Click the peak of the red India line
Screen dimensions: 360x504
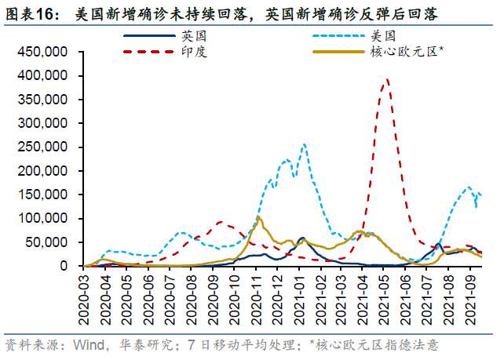pos(386,79)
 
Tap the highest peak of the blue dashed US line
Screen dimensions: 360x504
pos(305,144)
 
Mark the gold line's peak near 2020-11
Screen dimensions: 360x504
pos(258,217)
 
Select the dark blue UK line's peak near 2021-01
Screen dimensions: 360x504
pos(301,238)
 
